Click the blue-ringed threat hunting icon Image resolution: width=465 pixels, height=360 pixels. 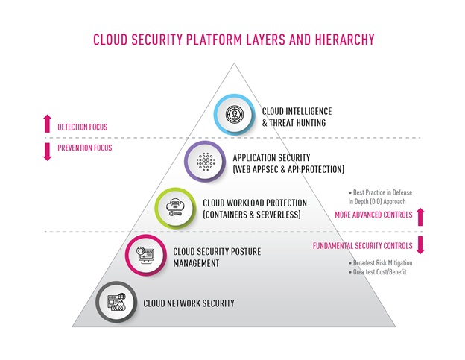pos(234,115)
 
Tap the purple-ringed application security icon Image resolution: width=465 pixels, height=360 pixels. pos(205,161)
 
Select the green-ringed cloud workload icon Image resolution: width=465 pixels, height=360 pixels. pos(175,208)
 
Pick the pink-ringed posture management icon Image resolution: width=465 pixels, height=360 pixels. pos(145,255)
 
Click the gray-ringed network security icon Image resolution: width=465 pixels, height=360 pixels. pos(116,302)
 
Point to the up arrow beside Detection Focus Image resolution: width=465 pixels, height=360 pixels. pos(47,124)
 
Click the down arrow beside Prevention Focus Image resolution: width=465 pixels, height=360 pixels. pos(47,151)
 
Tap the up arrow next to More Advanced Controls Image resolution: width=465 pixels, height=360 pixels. pos(420,217)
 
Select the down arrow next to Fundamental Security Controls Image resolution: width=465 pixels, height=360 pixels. pos(420,245)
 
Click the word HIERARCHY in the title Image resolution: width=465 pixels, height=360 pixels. pos(344,40)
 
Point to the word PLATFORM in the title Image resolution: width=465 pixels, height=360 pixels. pos(214,40)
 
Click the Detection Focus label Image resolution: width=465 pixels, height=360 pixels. pos(83,127)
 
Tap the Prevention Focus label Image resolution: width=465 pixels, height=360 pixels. pos(85,148)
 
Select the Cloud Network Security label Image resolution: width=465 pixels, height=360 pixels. pos(189,303)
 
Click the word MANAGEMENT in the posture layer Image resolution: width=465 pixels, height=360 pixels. pos(196,263)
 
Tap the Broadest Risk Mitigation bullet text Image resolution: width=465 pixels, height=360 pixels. pos(381,263)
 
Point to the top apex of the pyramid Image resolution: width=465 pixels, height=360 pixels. pos(234,63)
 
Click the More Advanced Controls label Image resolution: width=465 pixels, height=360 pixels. pos(373,215)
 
